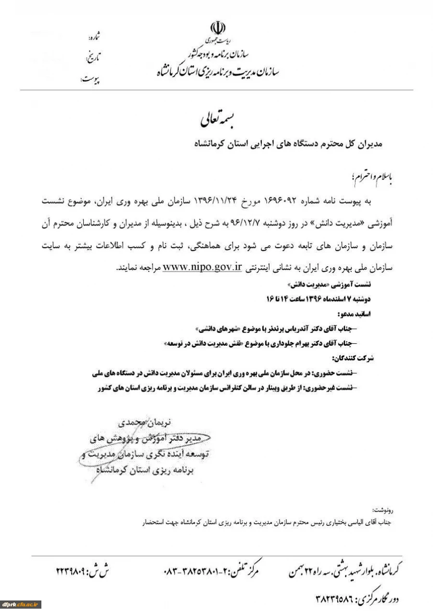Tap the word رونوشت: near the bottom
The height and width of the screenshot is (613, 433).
(x=382, y=510)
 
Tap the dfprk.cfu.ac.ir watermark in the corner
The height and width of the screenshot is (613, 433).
(x=21, y=604)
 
